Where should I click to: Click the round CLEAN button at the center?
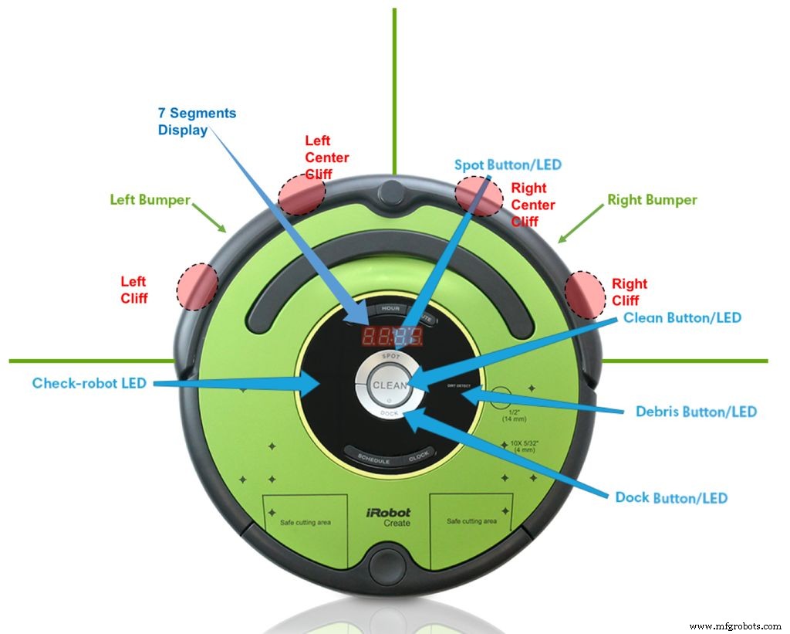[x=390, y=385]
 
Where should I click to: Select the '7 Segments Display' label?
[x=197, y=121]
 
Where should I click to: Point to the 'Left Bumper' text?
[x=150, y=200]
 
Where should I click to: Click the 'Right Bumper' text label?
[x=652, y=200]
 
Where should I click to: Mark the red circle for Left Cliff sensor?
[x=197, y=286]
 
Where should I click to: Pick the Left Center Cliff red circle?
[x=302, y=194]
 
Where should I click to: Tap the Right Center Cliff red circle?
[x=478, y=196]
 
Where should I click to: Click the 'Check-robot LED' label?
[x=89, y=383]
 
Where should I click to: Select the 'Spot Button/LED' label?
[x=508, y=164]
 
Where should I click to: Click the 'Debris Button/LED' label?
[x=696, y=412]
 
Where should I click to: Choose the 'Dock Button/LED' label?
[x=671, y=498]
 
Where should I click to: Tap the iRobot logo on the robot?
[x=388, y=512]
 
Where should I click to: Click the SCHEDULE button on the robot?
[x=373, y=459]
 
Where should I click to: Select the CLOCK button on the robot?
[x=418, y=456]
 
